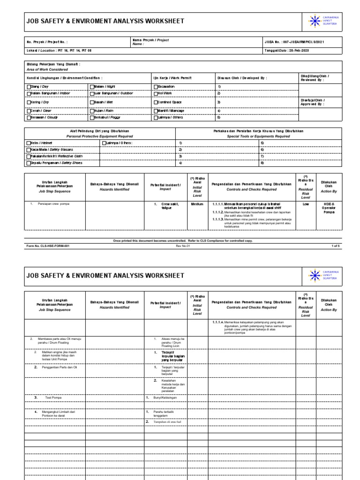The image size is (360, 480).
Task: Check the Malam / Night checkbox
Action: (91, 87)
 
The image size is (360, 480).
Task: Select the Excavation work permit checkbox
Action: (156, 87)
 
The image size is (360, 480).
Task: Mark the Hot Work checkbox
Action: (156, 93)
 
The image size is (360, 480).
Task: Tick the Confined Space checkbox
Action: (156, 102)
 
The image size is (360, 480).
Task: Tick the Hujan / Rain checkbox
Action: (91, 111)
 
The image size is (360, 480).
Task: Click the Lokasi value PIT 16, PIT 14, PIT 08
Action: (70, 51)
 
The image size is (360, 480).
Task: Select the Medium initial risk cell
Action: (197, 204)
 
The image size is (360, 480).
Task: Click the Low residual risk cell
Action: (305, 204)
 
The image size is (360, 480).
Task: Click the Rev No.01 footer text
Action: (182, 245)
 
